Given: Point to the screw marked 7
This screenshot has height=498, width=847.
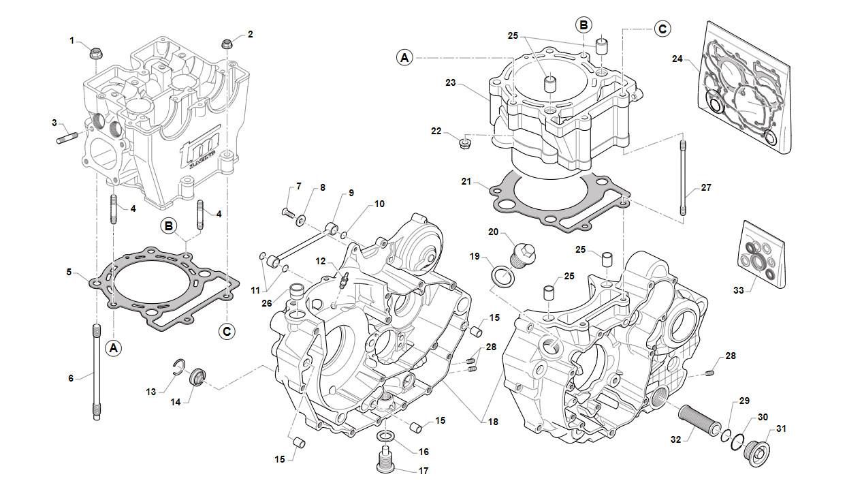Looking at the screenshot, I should (x=287, y=213).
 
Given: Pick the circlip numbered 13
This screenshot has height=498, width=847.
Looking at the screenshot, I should (x=179, y=368).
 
